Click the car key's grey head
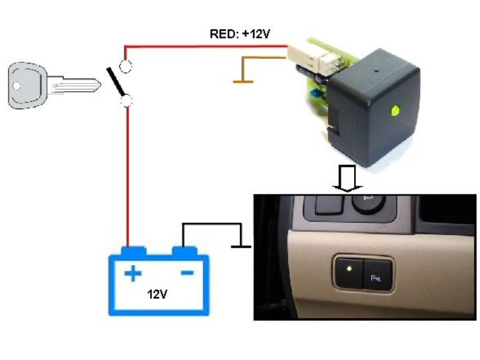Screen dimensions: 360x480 [x=28, y=86]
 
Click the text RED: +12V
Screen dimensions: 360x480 [x=239, y=34]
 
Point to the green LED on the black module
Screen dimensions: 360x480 [x=395, y=110]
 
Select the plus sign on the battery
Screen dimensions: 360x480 [x=133, y=275]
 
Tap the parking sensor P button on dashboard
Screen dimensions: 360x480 [x=377, y=276]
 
